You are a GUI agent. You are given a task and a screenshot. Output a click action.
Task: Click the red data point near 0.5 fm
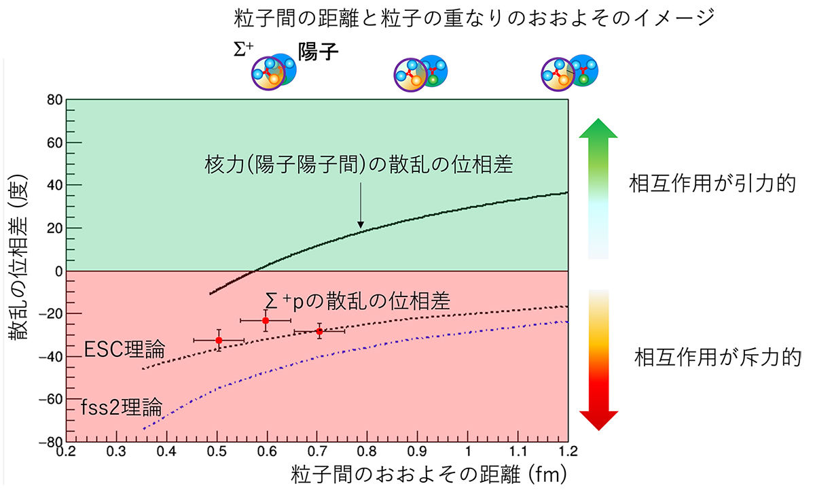(x=219, y=340)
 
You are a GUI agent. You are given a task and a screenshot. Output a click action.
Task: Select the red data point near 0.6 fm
(x=266, y=320)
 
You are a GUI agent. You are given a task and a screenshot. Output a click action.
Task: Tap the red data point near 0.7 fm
(x=319, y=331)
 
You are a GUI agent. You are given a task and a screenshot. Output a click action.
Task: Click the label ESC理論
(x=124, y=351)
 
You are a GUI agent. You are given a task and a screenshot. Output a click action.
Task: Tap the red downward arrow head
(x=598, y=419)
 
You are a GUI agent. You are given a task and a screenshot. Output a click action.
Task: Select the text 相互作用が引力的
(x=712, y=185)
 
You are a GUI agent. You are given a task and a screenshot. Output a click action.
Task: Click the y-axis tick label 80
(x=54, y=101)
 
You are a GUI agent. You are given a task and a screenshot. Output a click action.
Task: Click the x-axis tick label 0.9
(x=417, y=452)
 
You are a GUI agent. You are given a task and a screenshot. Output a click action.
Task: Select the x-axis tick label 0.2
(x=66, y=452)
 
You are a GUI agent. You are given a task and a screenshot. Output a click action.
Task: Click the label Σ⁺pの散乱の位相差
(x=358, y=301)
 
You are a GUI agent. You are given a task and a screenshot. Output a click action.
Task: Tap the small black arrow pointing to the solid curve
(x=361, y=212)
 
